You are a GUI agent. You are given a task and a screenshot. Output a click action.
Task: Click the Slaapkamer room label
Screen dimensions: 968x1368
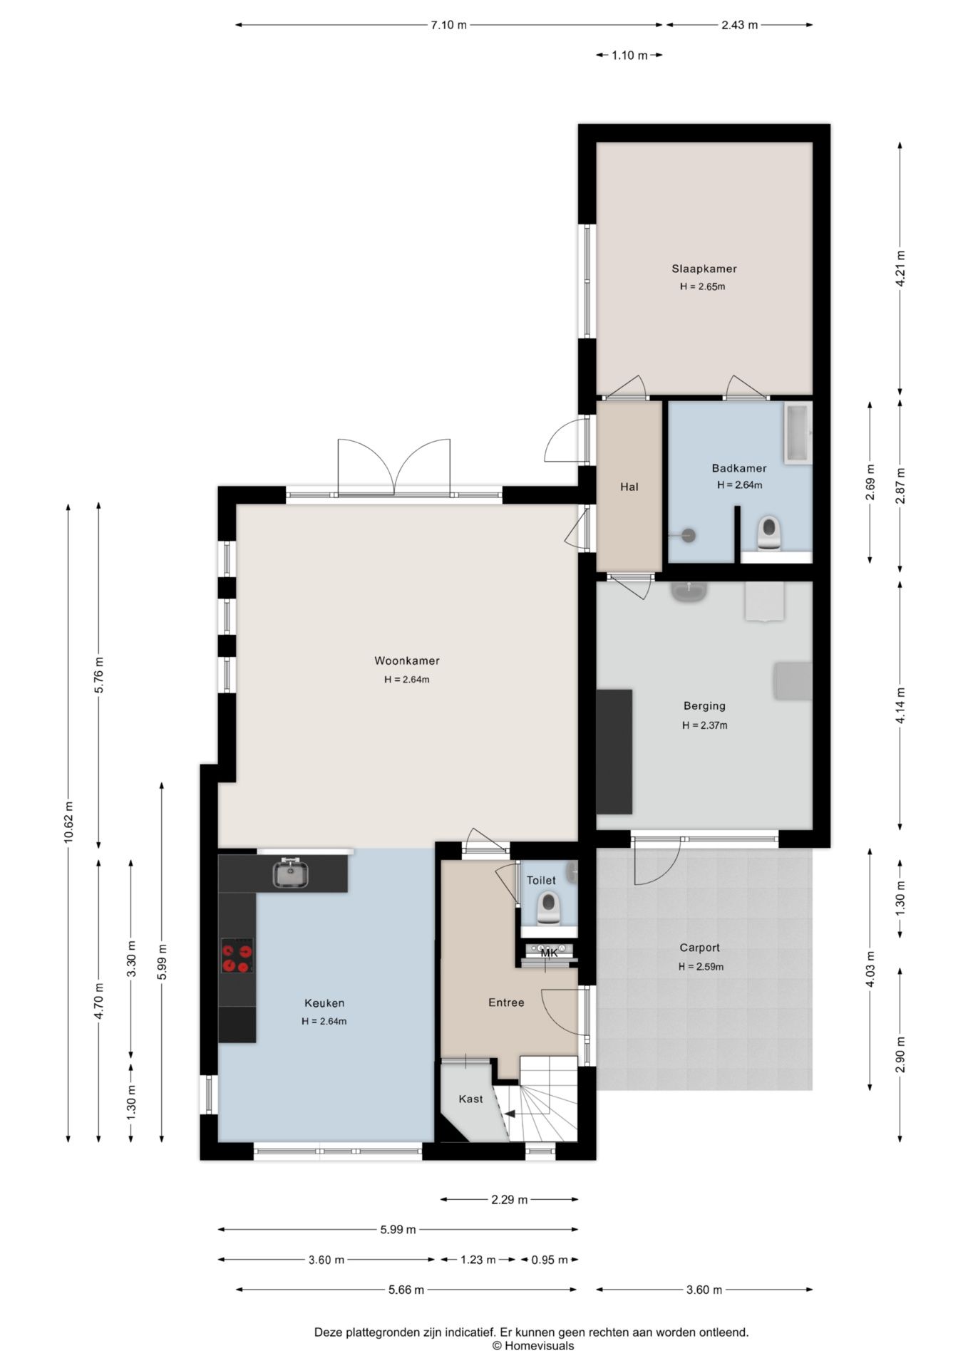click(x=704, y=269)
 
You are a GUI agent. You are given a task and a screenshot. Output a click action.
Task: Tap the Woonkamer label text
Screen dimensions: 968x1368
click(x=407, y=660)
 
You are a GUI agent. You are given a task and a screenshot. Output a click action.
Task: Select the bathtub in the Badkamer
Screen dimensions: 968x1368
click(x=798, y=433)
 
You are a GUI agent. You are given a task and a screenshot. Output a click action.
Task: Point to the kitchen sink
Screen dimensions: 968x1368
click(x=291, y=874)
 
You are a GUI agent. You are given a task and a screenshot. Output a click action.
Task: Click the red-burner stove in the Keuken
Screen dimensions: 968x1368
click(x=237, y=956)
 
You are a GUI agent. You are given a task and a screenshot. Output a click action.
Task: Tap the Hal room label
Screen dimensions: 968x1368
click(x=629, y=487)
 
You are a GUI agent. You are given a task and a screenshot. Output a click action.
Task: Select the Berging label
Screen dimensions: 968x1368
click(x=704, y=706)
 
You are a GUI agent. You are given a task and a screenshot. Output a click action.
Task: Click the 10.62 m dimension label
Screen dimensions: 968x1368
click(x=68, y=822)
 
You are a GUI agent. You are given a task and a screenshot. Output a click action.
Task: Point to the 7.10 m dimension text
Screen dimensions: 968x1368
click(x=448, y=25)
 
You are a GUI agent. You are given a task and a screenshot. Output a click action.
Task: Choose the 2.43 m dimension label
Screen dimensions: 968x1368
click(x=739, y=25)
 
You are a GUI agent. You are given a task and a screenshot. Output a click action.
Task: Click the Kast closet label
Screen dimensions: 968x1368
click(x=470, y=1099)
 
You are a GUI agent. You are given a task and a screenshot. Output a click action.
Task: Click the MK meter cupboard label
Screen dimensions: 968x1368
click(x=549, y=953)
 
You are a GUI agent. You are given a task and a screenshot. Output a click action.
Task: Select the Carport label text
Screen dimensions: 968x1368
click(x=699, y=948)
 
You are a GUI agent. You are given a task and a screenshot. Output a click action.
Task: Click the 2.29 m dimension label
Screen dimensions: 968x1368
click(x=509, y=1200)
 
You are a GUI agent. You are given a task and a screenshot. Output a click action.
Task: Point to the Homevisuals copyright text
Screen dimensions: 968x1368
click(x=532, y=1346)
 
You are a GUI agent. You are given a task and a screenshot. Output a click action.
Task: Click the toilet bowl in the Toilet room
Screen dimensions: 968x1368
click(x=548, y=908)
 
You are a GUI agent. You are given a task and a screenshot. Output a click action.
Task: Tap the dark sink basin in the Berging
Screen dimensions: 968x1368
click(x=689, y=591)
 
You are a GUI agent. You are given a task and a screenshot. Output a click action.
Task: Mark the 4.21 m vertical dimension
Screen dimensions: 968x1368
click(x=900, y=269)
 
